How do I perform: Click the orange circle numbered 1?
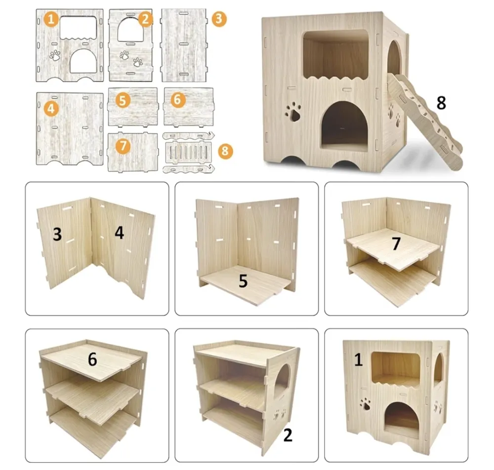point(51,19)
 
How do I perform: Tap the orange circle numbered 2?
point(145,19)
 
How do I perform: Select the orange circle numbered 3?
point(219,19)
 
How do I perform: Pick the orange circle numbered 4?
point(51,109)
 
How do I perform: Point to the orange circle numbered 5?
point(123,100)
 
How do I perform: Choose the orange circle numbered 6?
point(178,99)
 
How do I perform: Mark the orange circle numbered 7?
point(123,146)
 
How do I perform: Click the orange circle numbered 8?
point(225,151)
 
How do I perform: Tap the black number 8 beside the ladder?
point(441,103)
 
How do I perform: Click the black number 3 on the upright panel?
point(57,234)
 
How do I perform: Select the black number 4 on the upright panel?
point(119,233)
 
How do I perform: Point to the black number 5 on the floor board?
point(243,281)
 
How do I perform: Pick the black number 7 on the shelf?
point(396,244)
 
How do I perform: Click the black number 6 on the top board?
point(92,359)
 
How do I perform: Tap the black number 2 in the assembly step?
point(288,435)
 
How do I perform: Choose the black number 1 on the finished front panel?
point(358,359)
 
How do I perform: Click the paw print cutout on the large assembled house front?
point(293,112)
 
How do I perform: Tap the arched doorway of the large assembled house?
point(344,126)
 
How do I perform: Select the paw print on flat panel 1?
point(55,55)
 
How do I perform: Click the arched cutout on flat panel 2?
point(130,29)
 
